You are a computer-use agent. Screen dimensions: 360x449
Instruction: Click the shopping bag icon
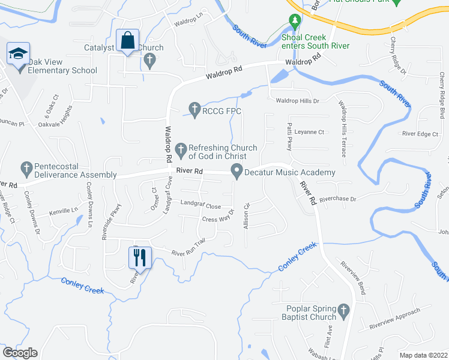pos(128,41)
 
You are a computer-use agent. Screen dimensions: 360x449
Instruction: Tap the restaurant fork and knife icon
pos(139,257)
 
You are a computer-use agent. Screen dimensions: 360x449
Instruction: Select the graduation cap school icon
pos(18,54)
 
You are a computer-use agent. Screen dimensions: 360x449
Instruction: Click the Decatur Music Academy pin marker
pos(237,172)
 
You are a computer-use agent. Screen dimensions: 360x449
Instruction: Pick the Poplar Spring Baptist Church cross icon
pos(343,311)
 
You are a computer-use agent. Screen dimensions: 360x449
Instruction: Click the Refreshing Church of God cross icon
pos(181,148)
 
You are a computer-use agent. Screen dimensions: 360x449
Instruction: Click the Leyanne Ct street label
pos(309,132)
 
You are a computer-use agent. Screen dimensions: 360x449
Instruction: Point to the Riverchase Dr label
pos(337,199)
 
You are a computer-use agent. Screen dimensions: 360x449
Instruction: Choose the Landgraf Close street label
pos(200,204)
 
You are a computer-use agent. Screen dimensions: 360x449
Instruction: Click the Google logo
pos(20,352)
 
